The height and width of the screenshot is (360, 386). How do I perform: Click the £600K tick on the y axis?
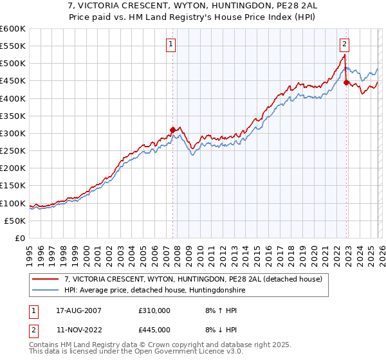coord(12,29)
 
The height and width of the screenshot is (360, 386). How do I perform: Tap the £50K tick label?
coord(14,221)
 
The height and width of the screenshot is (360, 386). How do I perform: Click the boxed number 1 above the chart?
coord(172,44)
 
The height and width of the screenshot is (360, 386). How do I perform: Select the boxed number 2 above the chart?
coord(345,44)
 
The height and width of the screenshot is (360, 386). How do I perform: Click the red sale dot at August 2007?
coord(172,130)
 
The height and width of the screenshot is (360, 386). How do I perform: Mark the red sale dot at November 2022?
coord(346,82)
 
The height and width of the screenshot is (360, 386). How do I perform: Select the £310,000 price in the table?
coord(154,310)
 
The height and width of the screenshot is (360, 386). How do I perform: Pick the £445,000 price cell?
coord(154,330)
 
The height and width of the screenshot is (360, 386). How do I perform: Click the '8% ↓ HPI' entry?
coord(218,330)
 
